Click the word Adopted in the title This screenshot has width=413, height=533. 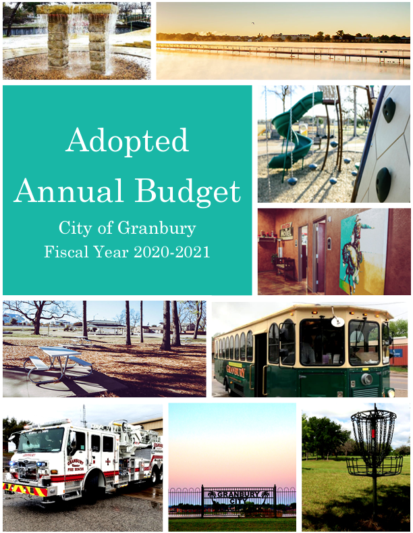point(127,141)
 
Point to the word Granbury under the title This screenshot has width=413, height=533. point(157,228)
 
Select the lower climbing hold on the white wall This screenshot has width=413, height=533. point(383,180)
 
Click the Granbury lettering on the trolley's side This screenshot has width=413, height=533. point(236,370)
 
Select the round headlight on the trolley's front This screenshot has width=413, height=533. point(366,379)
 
